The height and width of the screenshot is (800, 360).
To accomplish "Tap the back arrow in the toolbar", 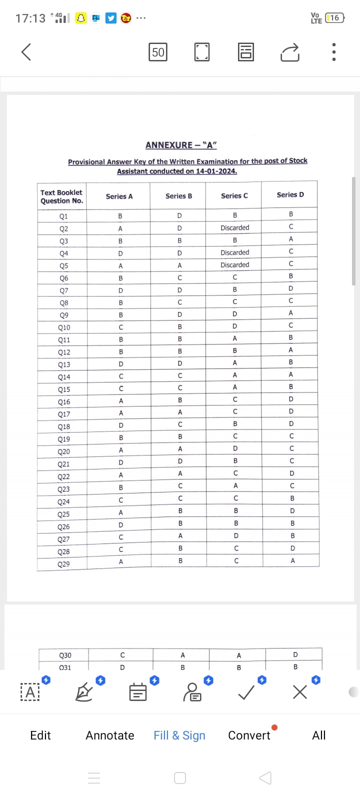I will (x=26, y=51).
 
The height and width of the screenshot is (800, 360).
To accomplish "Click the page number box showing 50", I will (x=158, y=52).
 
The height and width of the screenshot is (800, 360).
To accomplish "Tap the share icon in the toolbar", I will (x=290, y=52).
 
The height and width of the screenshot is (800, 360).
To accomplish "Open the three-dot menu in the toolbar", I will (x=333, y=52).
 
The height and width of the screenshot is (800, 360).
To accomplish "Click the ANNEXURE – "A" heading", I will (x=181, y=145).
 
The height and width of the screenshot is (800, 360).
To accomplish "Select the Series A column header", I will (x=119, y=196).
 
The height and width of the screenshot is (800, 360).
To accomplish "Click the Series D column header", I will (x=290, y=194).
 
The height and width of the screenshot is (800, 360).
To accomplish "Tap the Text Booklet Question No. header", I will (x=62, y=196).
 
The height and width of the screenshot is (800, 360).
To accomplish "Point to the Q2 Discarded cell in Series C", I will (x=235, y=227).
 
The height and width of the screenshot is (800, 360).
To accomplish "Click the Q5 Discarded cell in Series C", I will (x=235, y=265).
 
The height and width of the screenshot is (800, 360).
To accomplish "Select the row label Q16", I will (x=64, y=402).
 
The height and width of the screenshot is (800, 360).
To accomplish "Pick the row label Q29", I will (x=63, y=564).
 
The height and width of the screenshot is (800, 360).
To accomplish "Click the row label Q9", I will (x=64, y=315).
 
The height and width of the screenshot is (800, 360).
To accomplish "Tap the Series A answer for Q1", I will (x=120, y=216).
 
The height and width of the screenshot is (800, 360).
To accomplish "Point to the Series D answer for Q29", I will (x=292, y=561).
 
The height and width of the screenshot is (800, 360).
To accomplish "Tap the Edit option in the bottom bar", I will (x=40, y=735).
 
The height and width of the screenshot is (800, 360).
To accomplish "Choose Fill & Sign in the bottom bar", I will (x=179, y=735).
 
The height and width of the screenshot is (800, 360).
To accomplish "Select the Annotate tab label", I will (x=110, y=735).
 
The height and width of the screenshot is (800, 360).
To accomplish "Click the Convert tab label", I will (x=249, y=735).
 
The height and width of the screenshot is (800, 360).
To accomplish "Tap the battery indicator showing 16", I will (x=334, y=18).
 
